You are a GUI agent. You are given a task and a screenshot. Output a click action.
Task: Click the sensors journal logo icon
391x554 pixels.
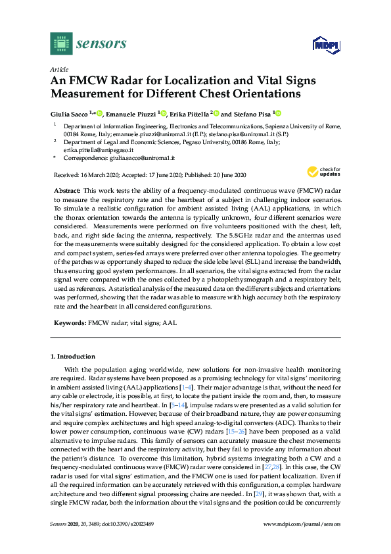[61, 43]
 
